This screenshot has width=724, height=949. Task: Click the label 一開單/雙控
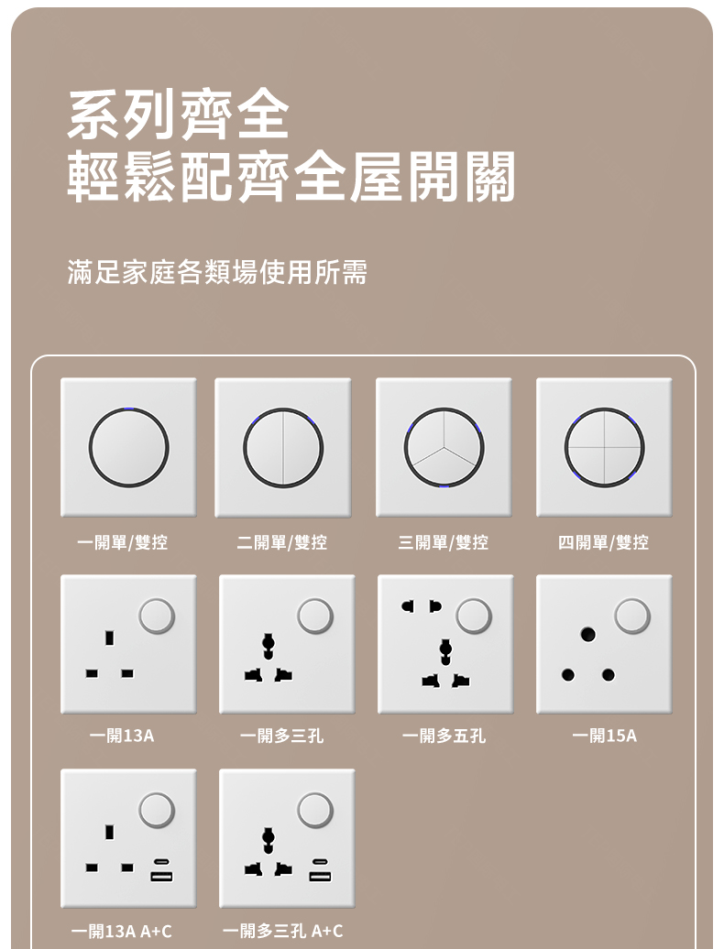122,542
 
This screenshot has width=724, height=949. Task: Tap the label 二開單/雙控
282,542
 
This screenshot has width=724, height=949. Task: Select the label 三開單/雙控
444,542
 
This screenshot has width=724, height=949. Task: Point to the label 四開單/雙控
604,542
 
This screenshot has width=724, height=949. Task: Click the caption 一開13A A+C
122,931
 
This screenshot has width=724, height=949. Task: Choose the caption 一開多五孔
444,736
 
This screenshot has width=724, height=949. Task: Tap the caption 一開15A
605,736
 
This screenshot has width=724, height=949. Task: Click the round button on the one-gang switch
129,448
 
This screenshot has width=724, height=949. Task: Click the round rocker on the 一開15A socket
632,616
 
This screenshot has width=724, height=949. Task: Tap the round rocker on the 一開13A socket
157,616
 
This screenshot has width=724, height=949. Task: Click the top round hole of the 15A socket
587,634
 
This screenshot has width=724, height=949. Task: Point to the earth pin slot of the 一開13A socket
110,638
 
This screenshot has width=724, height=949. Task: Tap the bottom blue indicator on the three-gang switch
444,486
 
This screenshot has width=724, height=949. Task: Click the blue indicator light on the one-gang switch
129,409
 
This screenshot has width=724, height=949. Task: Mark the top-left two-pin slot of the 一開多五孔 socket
409,605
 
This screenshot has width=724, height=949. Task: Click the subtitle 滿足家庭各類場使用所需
217,272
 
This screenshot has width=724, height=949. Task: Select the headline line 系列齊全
179,115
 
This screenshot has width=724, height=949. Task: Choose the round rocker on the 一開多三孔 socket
315,616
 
